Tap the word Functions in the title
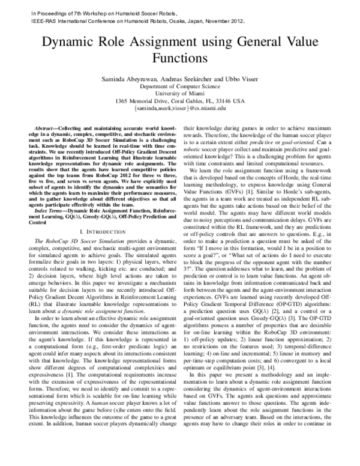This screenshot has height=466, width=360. [x=179, y=58]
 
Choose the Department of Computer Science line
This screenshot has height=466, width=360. [x=179, y=86]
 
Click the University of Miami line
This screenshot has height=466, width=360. [x=179, y=94]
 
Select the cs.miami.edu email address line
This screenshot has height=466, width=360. [x=179, y=108]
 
